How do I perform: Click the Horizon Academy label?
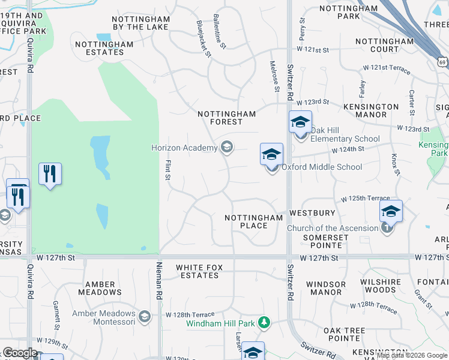[184, 148]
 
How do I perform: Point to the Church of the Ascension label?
[333, 228]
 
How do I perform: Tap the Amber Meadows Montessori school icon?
[143, 316]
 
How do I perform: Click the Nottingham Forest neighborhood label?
[227, 118]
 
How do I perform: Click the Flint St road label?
[168, 169]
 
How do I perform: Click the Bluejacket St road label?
[204, 39]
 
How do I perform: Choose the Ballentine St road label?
[220, 32]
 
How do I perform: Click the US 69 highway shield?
[443, 62]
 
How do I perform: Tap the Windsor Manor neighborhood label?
[326, 288]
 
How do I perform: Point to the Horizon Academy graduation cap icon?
[227, 147]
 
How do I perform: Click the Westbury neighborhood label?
[312, 213]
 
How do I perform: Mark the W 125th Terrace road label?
[366, 199]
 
